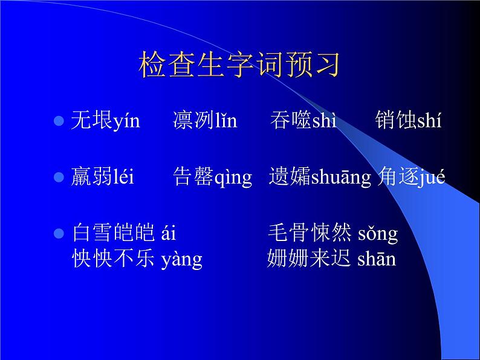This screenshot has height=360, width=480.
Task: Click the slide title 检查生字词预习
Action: [x=239, y=65]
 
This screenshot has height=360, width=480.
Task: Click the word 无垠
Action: [x=91, y=121]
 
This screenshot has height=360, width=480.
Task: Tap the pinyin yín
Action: [x=126, y=121]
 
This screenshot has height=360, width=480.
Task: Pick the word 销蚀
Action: [x=395, y=121]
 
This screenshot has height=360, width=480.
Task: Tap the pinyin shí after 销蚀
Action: [x=429, y=121]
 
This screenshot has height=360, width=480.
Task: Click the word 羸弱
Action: [x=91, y=178]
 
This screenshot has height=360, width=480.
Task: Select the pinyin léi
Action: [x=123, y=178]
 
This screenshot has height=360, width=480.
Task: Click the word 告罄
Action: [x=193, y=178]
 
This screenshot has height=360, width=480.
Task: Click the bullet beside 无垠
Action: [x=59, y=121]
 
